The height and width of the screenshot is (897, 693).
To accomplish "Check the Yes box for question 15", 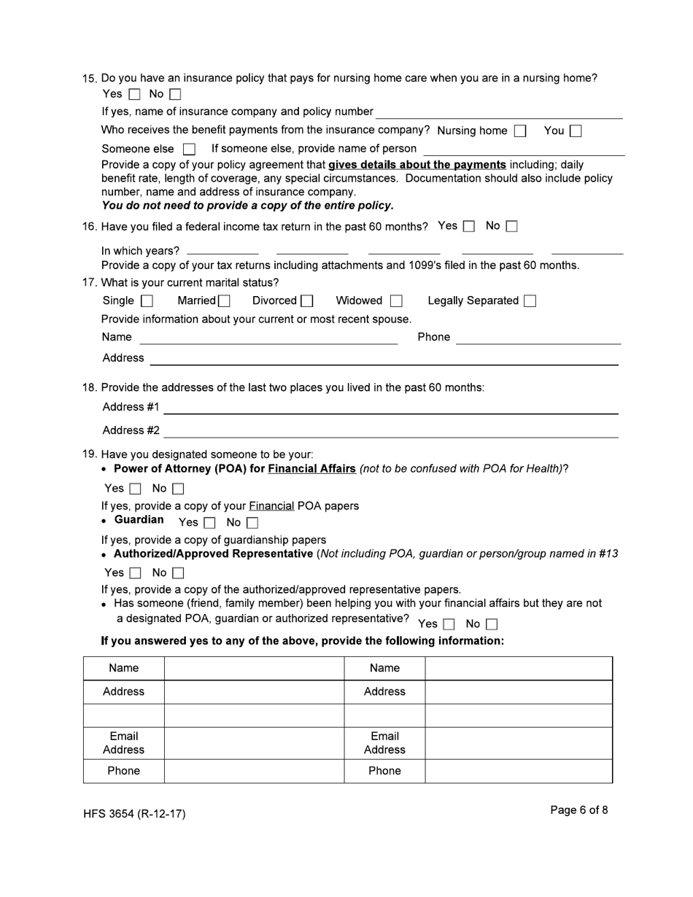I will pos(134,94).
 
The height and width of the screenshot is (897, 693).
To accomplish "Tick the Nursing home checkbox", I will pos(519,131).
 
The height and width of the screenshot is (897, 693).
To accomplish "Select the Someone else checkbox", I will pos(189,149).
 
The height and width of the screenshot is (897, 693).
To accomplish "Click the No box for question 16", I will pos(511,227).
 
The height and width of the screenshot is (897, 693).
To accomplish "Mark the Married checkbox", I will pos(224,301).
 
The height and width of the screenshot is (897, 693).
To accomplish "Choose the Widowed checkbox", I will pos(396,301).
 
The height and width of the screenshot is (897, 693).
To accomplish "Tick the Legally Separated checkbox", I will pos(530,301).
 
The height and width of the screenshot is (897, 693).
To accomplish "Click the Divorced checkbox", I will pos(307,301).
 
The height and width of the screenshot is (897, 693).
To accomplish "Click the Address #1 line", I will pos(390,407).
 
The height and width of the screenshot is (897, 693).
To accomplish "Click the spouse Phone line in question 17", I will pos(538,337).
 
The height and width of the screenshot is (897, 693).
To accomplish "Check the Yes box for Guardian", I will pos(209,523).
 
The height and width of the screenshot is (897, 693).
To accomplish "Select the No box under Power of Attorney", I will pos(178,489).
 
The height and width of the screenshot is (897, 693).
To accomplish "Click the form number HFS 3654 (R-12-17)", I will pos(134,814).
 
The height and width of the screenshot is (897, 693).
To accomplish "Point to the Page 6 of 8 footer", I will pos(579,810).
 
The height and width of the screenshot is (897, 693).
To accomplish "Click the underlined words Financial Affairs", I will pos(311,468).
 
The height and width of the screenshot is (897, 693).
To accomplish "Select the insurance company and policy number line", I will pos(499,112).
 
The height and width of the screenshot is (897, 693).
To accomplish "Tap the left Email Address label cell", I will pos(123,743).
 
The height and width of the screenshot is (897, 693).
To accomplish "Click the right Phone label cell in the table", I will pos(384,771).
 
